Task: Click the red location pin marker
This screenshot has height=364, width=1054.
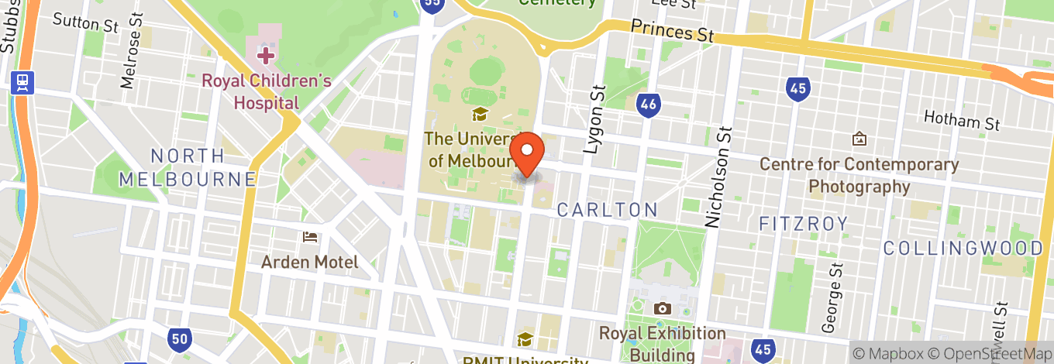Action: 529,153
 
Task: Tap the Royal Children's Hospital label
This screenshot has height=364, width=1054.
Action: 267,91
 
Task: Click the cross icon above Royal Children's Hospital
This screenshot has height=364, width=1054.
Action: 266,56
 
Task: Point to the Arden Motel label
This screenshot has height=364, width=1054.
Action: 309,262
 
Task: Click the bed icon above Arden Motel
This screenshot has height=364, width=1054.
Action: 310,237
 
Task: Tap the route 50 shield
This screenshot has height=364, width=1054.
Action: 179,337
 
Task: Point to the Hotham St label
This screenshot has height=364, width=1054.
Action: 962,120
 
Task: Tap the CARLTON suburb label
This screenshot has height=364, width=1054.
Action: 607,209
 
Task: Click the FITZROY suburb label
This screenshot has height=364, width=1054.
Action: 804,224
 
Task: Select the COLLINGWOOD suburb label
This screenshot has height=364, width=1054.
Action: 963,248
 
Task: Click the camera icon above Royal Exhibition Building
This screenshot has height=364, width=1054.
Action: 662,309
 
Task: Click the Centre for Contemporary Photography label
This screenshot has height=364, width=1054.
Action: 859,175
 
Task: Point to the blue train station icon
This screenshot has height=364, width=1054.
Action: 21,82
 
